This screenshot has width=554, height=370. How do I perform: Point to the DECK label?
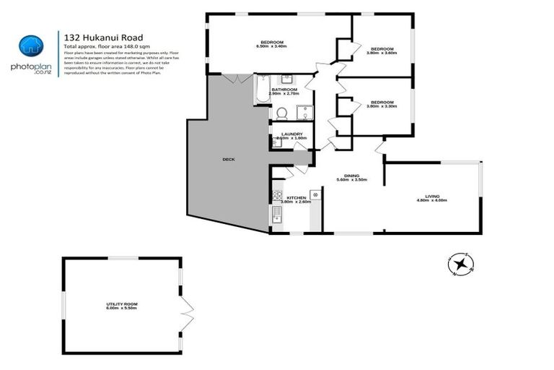(229, 159)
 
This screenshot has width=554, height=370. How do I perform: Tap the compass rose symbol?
(458, 264)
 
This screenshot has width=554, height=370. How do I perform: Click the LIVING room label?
(432, 196)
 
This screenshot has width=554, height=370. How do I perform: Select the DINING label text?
(351, 175)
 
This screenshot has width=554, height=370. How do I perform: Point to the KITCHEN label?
(297, 197)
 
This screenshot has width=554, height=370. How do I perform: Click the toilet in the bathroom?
(282, 113)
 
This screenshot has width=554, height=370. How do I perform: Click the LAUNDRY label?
(291, 134)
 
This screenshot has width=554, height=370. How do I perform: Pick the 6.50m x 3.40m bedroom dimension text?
(271, 46)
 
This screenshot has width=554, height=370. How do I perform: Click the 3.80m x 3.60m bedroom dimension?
(382, 52)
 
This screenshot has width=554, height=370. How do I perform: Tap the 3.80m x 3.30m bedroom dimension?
(382, 106)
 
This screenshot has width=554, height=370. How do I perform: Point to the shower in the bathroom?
(305, 112)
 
